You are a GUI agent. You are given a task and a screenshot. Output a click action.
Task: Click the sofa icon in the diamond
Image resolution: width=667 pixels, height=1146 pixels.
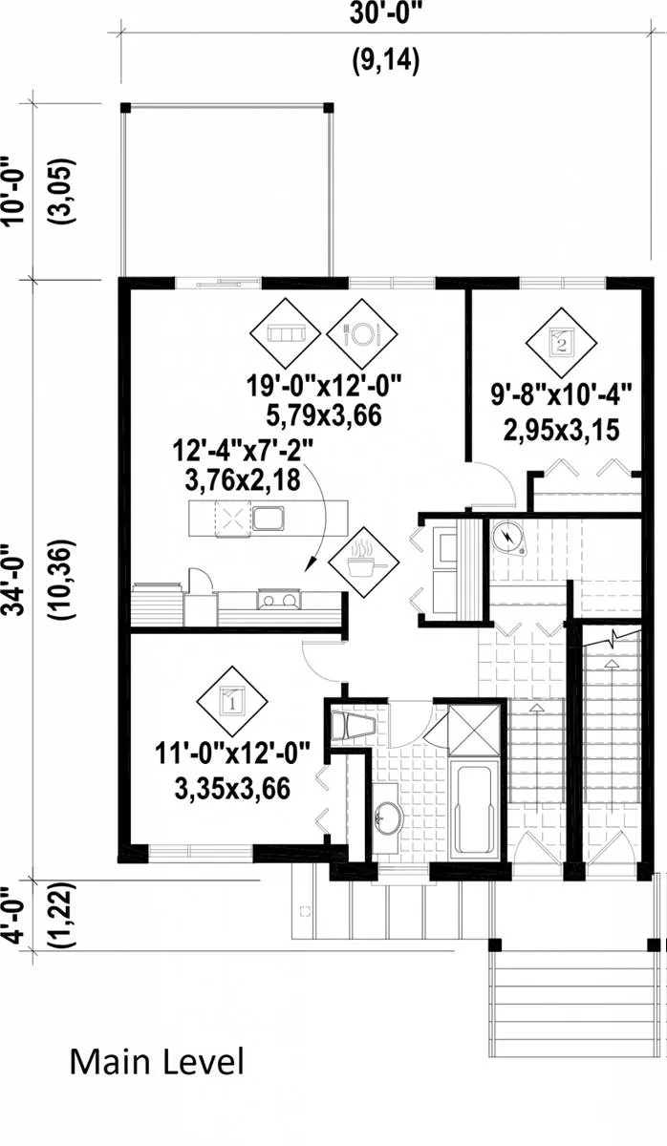tap(285, 334)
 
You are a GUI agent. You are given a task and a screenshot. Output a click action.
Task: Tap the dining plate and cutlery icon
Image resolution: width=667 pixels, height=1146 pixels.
tap(362, 334)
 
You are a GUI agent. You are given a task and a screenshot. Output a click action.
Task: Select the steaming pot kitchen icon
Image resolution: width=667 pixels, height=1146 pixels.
tap(363, 562)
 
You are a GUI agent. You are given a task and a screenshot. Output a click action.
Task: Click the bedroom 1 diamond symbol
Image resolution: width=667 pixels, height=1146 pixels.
tap(232, 701)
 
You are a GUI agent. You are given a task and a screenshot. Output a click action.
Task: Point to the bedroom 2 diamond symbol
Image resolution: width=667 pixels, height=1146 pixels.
tap(562, 343)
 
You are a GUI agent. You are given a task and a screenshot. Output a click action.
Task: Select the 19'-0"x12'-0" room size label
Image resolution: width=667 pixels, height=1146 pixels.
tap(323, 385)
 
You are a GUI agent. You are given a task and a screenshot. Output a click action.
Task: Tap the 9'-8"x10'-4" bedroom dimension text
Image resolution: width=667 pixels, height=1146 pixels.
tap(562, 395)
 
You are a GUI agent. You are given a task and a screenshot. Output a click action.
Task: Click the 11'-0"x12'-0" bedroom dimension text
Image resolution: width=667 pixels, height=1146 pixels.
tap(232, 753)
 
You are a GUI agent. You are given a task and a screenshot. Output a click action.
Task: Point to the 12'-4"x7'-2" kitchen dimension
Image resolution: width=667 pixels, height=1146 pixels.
tap(242, 451)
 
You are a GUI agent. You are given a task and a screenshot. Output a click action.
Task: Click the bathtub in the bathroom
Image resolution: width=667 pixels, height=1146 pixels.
tap(474, 808)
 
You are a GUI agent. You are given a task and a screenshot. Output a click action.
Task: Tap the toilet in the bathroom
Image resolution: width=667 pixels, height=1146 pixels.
tap(354, 726)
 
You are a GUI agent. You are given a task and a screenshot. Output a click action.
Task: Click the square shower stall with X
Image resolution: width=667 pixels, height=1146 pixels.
tap(474, 730)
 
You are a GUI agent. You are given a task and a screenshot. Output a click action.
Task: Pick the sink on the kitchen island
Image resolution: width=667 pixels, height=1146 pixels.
tap(268, 519)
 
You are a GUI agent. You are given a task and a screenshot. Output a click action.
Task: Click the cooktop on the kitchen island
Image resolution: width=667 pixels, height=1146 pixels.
tap(233, 519)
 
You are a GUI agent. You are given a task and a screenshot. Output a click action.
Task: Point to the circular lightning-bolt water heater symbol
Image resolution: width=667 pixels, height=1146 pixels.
tap(508, 537)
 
